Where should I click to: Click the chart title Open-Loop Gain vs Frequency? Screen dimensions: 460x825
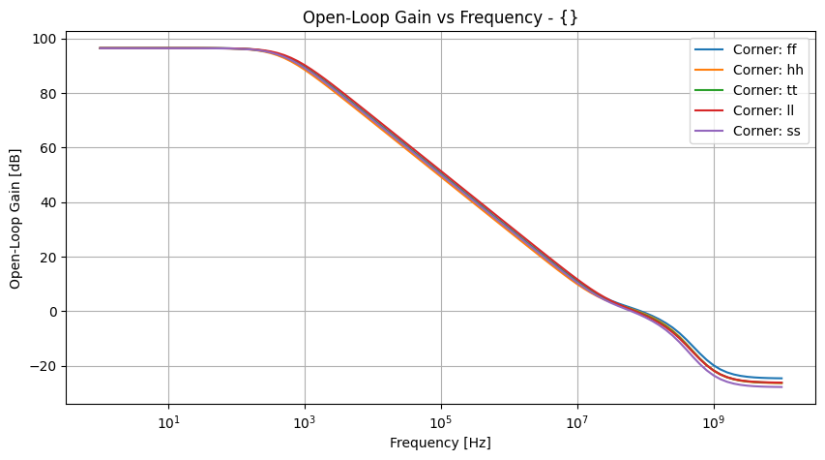tap(440, 17)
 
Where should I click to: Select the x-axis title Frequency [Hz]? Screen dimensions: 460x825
tap(440, 443)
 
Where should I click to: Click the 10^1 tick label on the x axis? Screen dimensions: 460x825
tap(168, 421)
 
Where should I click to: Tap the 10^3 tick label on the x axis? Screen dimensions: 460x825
tap(305, 421)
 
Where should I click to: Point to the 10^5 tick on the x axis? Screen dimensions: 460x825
tap(441, 421)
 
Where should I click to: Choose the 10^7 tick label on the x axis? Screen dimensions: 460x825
tap(577, 421)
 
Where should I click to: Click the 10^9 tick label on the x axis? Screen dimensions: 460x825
tap(714, 421)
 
